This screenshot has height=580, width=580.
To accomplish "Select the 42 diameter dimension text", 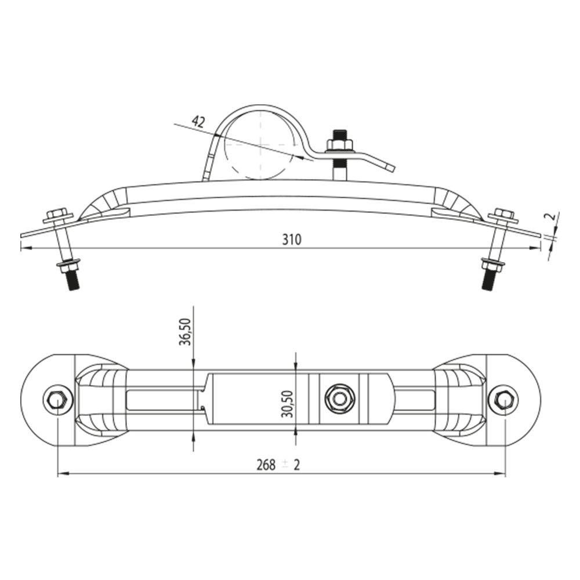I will (198, 121).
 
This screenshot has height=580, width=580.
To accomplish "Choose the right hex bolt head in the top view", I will (502, 398).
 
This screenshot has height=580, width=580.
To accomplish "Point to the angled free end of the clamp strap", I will (390, 168).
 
